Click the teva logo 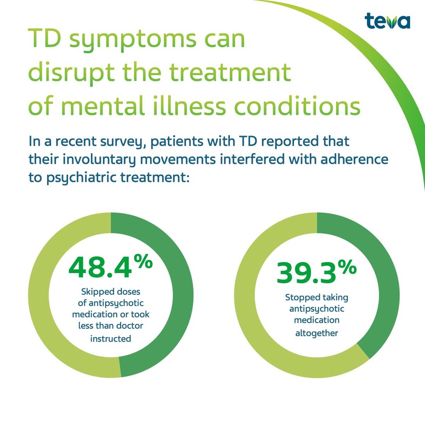pos(387,21)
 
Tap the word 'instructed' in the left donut pos(111,338)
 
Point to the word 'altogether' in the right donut pos(317,333)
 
